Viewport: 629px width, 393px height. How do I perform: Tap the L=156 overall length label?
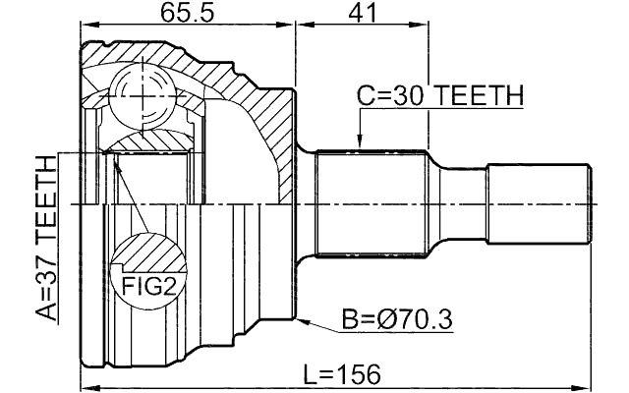341,374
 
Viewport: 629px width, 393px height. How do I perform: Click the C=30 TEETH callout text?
439,95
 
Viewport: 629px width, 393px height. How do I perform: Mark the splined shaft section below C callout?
373,202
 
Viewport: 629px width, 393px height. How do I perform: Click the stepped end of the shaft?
542,202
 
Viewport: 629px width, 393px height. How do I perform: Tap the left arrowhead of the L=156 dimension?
86,386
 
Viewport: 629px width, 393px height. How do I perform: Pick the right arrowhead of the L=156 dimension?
589,386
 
